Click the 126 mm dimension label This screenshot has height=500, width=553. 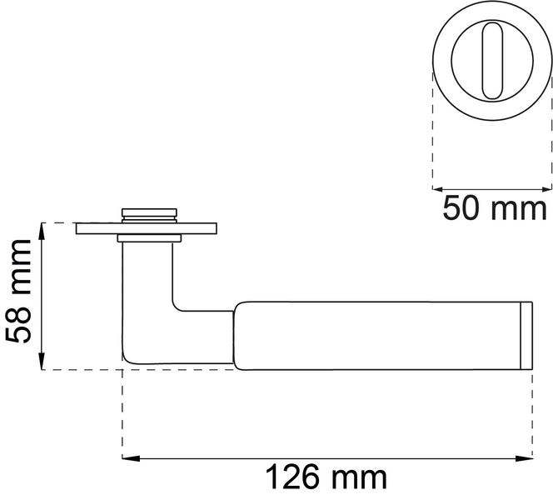click(x=326, y=477)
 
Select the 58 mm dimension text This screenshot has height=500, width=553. click(x=18, y=292)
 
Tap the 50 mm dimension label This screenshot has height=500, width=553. click(x=495, y=208)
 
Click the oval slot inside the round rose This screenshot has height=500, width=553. click(x=492, y=60)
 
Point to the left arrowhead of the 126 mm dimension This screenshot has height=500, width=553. click(x=131, y=458)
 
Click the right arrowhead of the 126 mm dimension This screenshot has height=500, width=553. click(x=524, y=458)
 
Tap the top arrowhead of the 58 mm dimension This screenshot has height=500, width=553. click(x=42, y=231)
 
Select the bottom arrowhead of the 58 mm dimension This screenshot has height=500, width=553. click(x=42, y=361)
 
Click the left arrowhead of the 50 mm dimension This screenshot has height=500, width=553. click(x=438, y=189)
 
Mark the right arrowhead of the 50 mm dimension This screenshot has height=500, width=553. click(x=546, y=189)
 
